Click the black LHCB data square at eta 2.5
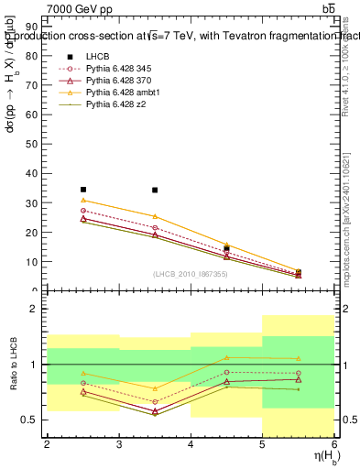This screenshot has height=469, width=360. click(x=83, y=190)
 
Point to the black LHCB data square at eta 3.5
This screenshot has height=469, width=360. click(x=155, y=191)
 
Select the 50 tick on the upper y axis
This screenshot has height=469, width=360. click(x=34, y=144)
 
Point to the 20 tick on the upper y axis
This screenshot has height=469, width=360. click(x=34, y=232)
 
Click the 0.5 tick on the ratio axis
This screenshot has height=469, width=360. click(x=32, y=420)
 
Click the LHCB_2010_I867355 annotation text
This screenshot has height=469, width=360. click(x=191, y=275)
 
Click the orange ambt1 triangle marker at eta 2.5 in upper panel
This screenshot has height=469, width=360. click(x=83, y=200)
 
